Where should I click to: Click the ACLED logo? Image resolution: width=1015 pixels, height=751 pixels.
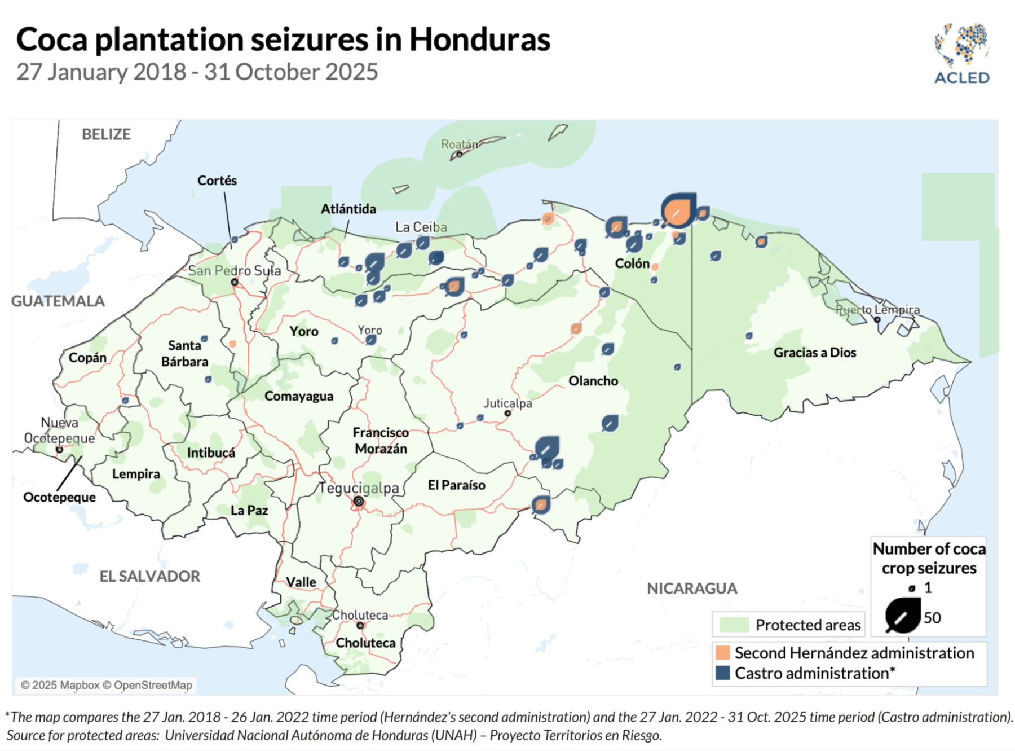(x=961, y=54)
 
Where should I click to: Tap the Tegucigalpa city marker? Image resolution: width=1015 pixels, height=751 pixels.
(x=359, y=501)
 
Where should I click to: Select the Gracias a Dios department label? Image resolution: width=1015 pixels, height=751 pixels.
(x=814, y=353)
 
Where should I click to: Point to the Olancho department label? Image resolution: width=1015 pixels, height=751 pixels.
(x=593, y=381)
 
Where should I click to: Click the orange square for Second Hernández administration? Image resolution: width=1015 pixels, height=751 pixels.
(x=722, y=653)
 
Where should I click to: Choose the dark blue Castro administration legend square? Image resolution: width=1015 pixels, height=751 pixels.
(x=722, y=673)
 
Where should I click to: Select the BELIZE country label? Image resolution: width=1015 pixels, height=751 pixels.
(x=106, y=134)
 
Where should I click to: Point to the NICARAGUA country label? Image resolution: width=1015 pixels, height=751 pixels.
(x=691, y=588)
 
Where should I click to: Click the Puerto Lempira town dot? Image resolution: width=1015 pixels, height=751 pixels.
(x=877, y=320)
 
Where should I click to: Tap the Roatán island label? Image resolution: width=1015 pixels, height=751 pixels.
(x=458, y=144)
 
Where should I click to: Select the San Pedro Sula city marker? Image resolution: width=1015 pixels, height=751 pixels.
(x=235, y=282)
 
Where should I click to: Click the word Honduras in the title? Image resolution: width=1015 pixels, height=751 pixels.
(x=479, y=39)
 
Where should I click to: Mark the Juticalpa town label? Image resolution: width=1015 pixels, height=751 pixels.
(x=507, y=403)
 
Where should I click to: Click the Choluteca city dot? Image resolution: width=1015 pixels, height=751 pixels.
(x=360, y=625)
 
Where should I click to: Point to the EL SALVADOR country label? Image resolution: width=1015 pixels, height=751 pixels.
(x=149, y=576)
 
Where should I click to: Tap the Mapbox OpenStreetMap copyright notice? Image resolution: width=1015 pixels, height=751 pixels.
(x=107, y=685)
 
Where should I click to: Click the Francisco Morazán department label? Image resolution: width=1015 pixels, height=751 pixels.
(x=381, y=441)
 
